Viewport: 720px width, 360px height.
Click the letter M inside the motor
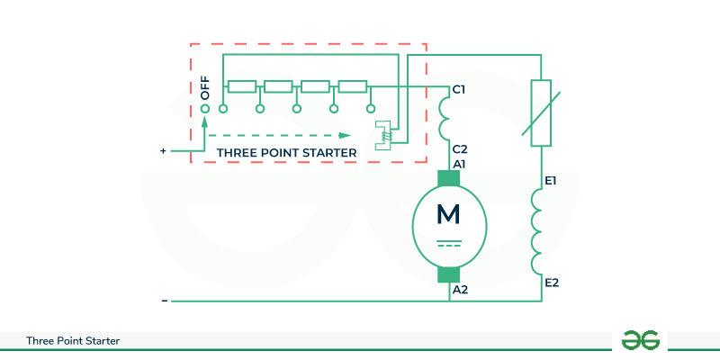pyautogui.click(x=447, y=214)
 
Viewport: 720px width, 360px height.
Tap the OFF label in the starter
pyautogui.click(x=205, y=87)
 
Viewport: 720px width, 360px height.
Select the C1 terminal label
pyautogui.click(x=459, y=89)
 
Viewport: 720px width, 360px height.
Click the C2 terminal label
pyautogui.click(x=459, y=148)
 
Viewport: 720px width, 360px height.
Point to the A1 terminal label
pyautogui.click(x=459, y=164)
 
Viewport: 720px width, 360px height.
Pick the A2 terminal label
pyautogui.click(x=460, y=290)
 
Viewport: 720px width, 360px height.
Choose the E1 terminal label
pyautogui.click(x=552, y=182)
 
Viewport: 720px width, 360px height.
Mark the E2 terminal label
pyautogui.click(x=552, y=283)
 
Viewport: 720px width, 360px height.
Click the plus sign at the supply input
pyautogui.click(x=163, y=151)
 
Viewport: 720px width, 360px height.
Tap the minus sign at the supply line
pyautogui.click(x=164, y=301)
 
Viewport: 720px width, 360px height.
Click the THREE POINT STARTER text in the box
pyautogui.click(x=286, y=153)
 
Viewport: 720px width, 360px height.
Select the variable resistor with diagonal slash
pyautogui.click(x=541, y=112)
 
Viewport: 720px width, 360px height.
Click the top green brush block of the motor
pyautogui.click(x=448, y=180)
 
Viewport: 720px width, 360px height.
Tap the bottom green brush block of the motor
pyautogui.click(x=448, y=274)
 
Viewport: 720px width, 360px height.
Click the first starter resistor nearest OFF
pyautogui.click(x=242, y=87)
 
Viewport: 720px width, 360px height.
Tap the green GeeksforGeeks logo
pyautogui.click(x=641, y=339)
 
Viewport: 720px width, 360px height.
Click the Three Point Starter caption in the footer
pyautogui.click(x=74, y=341)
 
